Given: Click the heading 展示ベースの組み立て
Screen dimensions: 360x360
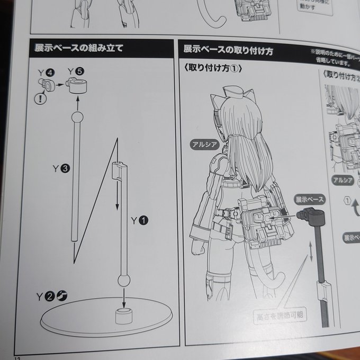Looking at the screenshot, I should (x=79, y=48).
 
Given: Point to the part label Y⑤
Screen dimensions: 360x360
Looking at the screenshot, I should (x=76, y=71).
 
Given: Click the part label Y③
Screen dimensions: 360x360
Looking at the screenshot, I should (x=60, y=169).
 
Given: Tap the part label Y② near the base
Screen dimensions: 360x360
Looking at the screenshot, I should (x=46, y=295).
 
